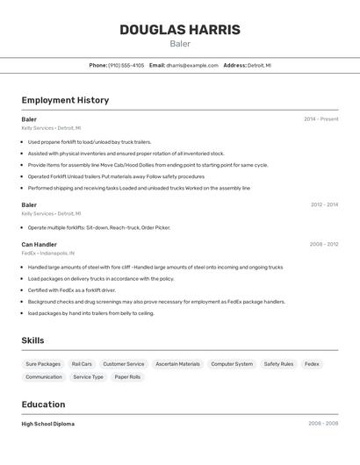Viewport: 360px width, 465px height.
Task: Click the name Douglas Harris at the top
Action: click(x=179, y=30)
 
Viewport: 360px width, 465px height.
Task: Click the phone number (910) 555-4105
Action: click(x=126, y=65)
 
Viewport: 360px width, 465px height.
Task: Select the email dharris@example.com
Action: click(x=191, y=65)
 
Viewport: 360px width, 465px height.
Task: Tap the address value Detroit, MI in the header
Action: click(x=259, y=65)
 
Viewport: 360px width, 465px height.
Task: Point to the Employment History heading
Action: click(x=65, y=100)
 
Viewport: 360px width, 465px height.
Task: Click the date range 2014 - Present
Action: click(x=320, y=118)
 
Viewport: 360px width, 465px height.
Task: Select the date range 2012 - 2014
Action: click(x=323, y=204)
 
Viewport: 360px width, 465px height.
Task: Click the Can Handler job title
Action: click(x=39, y=245)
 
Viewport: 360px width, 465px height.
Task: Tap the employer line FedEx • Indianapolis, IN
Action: click(x=54, y=254)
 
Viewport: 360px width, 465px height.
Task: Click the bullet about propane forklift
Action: click(x=90, y=141)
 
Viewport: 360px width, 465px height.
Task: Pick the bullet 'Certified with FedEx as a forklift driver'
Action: click(x=71, y=290)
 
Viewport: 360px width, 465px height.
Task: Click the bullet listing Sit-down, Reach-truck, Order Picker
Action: click(x=98, y=227)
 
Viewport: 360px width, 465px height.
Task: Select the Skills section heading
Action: click(x=32, y=340)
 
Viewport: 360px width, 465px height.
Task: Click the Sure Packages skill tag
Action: click(x=43, y=364)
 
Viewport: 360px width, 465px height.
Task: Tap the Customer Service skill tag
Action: click(x=123, y=364)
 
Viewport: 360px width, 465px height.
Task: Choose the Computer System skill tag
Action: click(x=232, y=364)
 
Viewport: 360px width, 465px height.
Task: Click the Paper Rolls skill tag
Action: click(x=127, y=377)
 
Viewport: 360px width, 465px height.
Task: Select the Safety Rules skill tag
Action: click(x=278, y=364)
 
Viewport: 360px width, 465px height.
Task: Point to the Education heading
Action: click(x=43, y=404)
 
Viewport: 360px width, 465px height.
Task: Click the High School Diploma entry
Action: click(x=47, y=424)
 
